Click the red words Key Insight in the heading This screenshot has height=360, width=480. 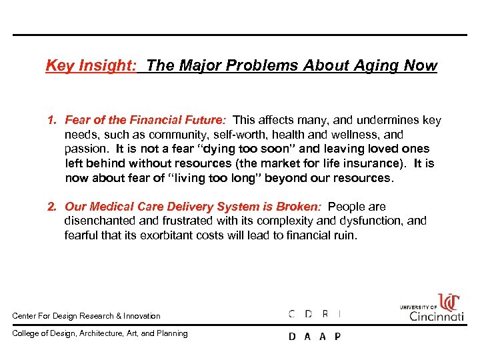(90, 65)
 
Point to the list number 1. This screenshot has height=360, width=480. (51, 121)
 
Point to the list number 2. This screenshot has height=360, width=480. (51, 207)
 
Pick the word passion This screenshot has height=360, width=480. (85, 149)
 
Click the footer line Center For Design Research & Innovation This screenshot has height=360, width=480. (87, 316)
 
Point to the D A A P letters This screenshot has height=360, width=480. (314, 337)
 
